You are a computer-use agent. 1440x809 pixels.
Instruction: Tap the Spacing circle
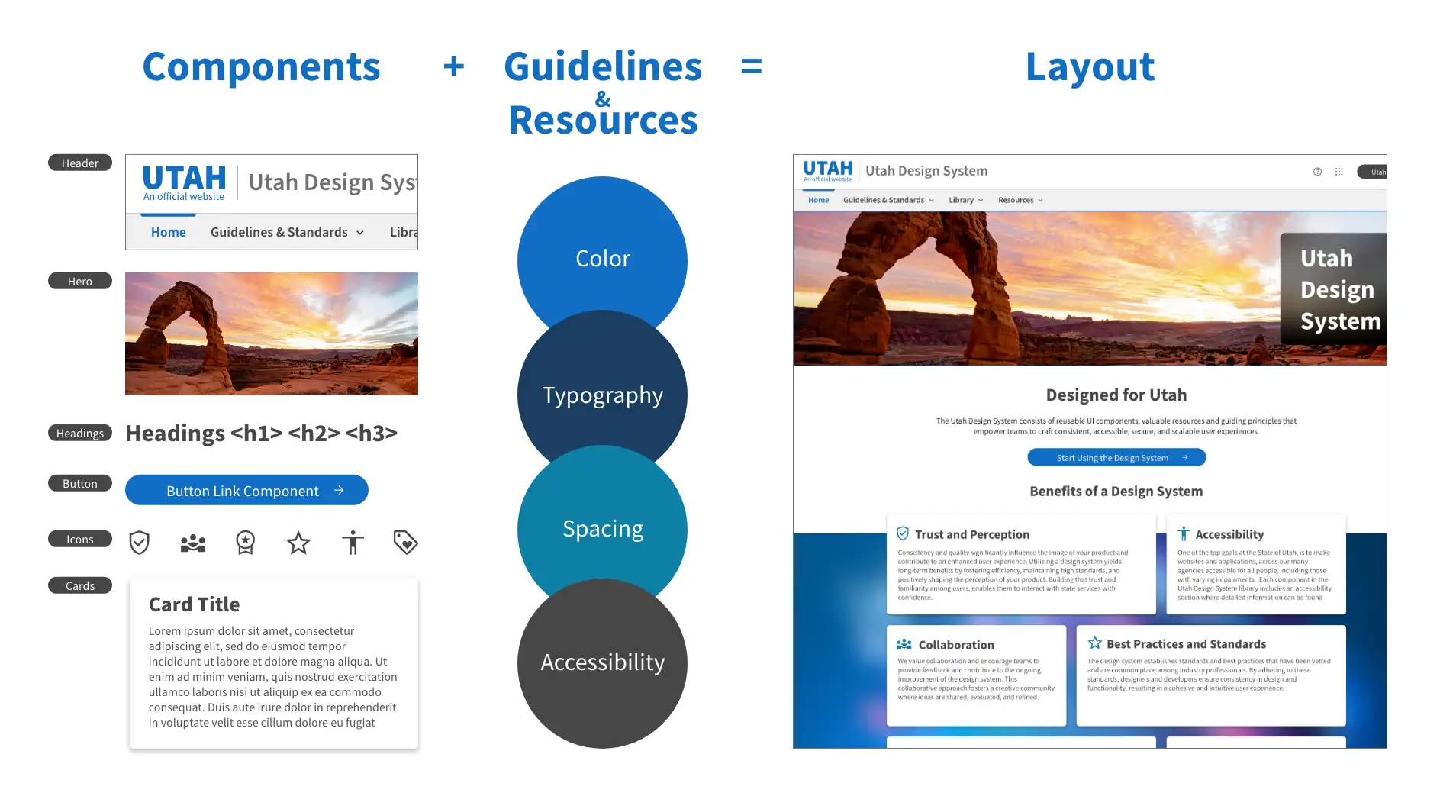click(602, 528)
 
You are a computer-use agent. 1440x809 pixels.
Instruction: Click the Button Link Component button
click(246, 491)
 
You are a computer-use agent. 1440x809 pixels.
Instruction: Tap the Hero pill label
click(80, 282)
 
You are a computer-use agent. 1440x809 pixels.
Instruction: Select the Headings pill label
click(80, 434)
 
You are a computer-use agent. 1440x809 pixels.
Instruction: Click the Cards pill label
click(80, 586)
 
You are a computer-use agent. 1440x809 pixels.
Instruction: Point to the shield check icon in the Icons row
click(139, 543)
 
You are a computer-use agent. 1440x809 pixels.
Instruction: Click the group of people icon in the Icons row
click(192, 543)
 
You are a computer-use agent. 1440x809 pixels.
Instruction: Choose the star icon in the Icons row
click(298, 543)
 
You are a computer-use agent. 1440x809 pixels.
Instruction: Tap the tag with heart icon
click(405, 543)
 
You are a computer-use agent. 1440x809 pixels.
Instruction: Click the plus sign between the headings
click(453, 66)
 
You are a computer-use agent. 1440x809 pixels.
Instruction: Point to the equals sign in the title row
click(751, 66)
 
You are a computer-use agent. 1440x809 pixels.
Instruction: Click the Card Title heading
click(194, 604)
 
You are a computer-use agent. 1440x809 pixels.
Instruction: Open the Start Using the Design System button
click(1116, 458)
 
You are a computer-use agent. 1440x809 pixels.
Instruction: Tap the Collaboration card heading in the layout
click(955, 645)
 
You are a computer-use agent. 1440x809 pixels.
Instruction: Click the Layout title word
click(1090, 66)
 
